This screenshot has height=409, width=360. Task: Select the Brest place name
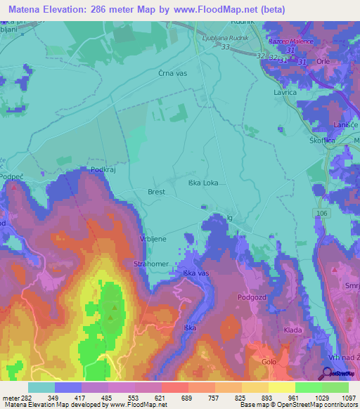pyautogui.click(x=156, y=191)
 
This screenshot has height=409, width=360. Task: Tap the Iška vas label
pyautogui.click(x=196, y=272)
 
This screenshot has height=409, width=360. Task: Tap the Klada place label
pyautogui.click(x=292, y=330)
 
